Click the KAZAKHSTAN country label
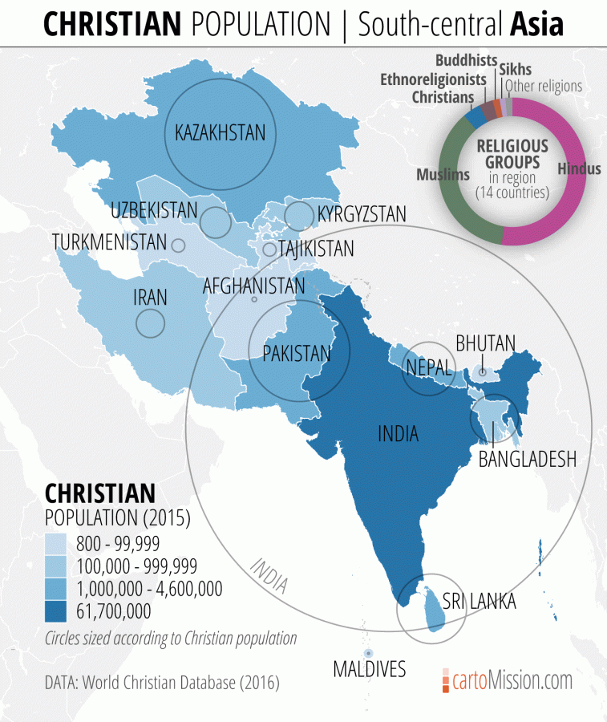click(220, 132)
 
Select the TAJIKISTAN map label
click(316, 249)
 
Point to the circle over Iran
click(150, 322)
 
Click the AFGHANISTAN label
click(253, 286)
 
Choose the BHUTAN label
click(485, 343)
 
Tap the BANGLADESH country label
click(527, 459)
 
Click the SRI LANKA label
click(480, 602)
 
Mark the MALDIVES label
click(370, 668)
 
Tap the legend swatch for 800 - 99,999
click(58, 543)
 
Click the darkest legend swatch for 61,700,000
click(58, 611)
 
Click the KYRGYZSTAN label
click(362, 214)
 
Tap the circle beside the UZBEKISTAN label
click(215, 222)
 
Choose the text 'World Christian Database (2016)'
click(179, 683)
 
